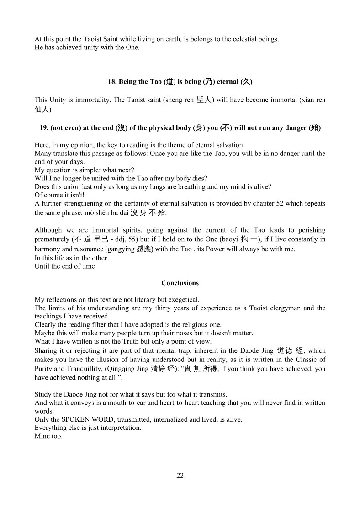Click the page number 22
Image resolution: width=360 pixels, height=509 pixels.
tap(180, 476)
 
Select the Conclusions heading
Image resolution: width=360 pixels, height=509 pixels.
tap(180, 283)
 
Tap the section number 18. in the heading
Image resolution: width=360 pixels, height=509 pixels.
tap(112, 82)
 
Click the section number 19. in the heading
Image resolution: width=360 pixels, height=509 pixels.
tap(44, 128)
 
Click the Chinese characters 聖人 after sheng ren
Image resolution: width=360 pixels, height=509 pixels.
tap(203, 100)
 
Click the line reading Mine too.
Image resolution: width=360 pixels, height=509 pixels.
tap(48, 436)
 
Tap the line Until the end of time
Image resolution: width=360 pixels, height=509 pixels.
tap(65, 266)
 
